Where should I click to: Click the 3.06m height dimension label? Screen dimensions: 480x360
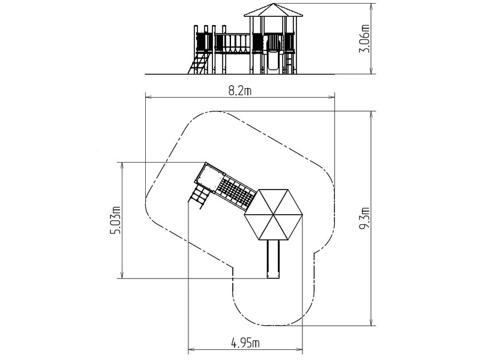(x=364, y=38)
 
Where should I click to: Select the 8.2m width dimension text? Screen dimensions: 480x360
(x=240, y=91)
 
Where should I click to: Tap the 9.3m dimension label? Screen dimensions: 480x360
(x=365, y=218)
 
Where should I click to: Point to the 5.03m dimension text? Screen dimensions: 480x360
(x=115, y=220)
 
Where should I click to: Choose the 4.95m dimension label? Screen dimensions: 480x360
(x=245, y=343)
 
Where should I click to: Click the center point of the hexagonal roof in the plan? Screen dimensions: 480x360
(x=273, y=215)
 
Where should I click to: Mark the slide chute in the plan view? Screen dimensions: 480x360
(x=274, y=259)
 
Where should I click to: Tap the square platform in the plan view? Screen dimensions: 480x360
(x=210, y=178)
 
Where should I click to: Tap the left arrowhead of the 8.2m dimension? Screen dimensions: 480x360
(x=148, y=97)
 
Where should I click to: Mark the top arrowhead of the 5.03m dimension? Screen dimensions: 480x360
(x=122, y=166)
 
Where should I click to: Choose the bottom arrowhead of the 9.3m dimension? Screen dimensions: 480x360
(x=371, y=322)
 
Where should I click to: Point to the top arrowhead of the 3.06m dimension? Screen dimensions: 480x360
(x=371, y=7)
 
